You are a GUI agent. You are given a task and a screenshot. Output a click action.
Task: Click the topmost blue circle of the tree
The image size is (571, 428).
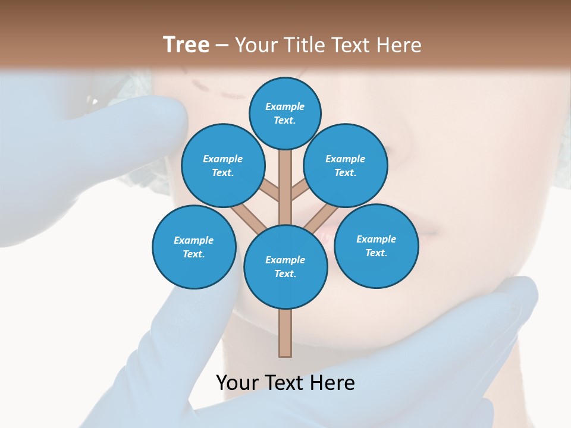coord(285,113)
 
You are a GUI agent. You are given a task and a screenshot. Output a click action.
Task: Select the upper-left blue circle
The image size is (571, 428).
coord(222,165)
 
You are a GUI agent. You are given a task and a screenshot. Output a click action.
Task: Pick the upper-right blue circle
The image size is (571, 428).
coord(346,165)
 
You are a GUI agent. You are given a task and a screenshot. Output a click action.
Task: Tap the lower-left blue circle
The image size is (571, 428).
coord(194,247)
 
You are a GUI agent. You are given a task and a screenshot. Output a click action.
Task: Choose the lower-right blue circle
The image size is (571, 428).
coord(376,246)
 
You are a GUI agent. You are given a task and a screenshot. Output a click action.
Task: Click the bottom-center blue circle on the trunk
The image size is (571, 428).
coord(285,266)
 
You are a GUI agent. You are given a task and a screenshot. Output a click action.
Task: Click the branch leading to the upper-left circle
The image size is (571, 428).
coord(268,190)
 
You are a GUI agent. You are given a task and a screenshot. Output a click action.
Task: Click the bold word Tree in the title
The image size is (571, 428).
coord(186,45)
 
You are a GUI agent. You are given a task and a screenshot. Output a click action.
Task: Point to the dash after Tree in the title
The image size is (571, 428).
coord(222,45)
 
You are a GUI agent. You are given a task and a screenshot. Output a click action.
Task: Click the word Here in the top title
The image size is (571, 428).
coord(401,45)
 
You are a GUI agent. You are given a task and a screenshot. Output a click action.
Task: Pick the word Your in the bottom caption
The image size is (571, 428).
coord(237,383)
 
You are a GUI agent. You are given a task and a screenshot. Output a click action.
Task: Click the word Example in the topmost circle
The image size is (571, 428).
coord(285,106)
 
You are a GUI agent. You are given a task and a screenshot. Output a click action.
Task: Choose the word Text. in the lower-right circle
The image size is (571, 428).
coord(376,253)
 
